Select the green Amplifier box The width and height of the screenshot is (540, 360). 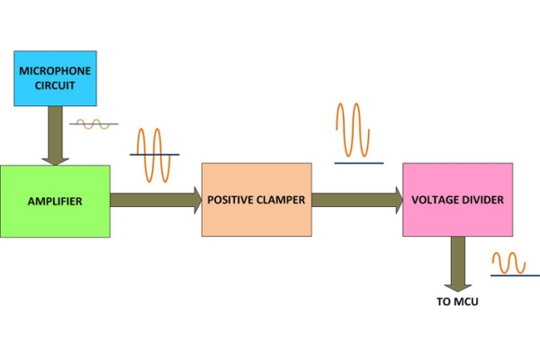(x=55, y=201)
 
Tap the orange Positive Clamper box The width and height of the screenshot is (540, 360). (x=256, y=200)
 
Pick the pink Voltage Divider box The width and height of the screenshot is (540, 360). (x=457, y=200)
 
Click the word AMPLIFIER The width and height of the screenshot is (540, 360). (x=55, y=201)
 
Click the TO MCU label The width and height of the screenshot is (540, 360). (x=457, y=302)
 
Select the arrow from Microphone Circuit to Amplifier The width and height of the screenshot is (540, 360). (x=55, y=135)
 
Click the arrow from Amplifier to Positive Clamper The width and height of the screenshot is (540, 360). (x=156, y=201)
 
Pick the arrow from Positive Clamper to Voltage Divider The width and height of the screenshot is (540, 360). (x=357, y=200)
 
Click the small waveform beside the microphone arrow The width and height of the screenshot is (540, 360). (x=94, y=124)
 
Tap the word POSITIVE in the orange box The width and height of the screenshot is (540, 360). (x=232, y=200)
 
